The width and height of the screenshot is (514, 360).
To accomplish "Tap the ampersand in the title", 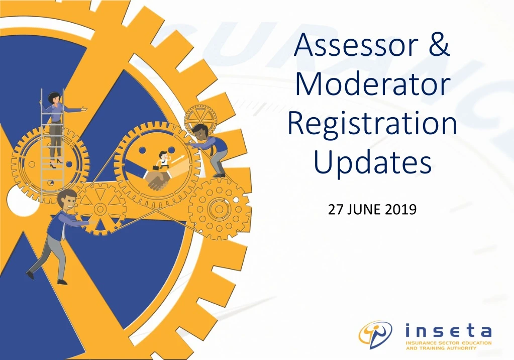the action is (x=439, y=45).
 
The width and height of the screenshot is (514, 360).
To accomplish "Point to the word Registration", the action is (x=372, y=123).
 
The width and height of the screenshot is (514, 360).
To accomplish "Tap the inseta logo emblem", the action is (x=375, y=334).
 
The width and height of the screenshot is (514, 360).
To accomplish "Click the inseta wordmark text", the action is (x=448, y=331).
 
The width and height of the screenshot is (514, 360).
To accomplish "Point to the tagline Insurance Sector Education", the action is (x=449, y=343).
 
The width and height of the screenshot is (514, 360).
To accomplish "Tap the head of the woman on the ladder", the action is (x=54, y=98).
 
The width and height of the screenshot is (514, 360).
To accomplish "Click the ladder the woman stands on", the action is (x=52, y=141).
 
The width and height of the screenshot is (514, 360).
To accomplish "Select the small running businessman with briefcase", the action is (x=162, y=161).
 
